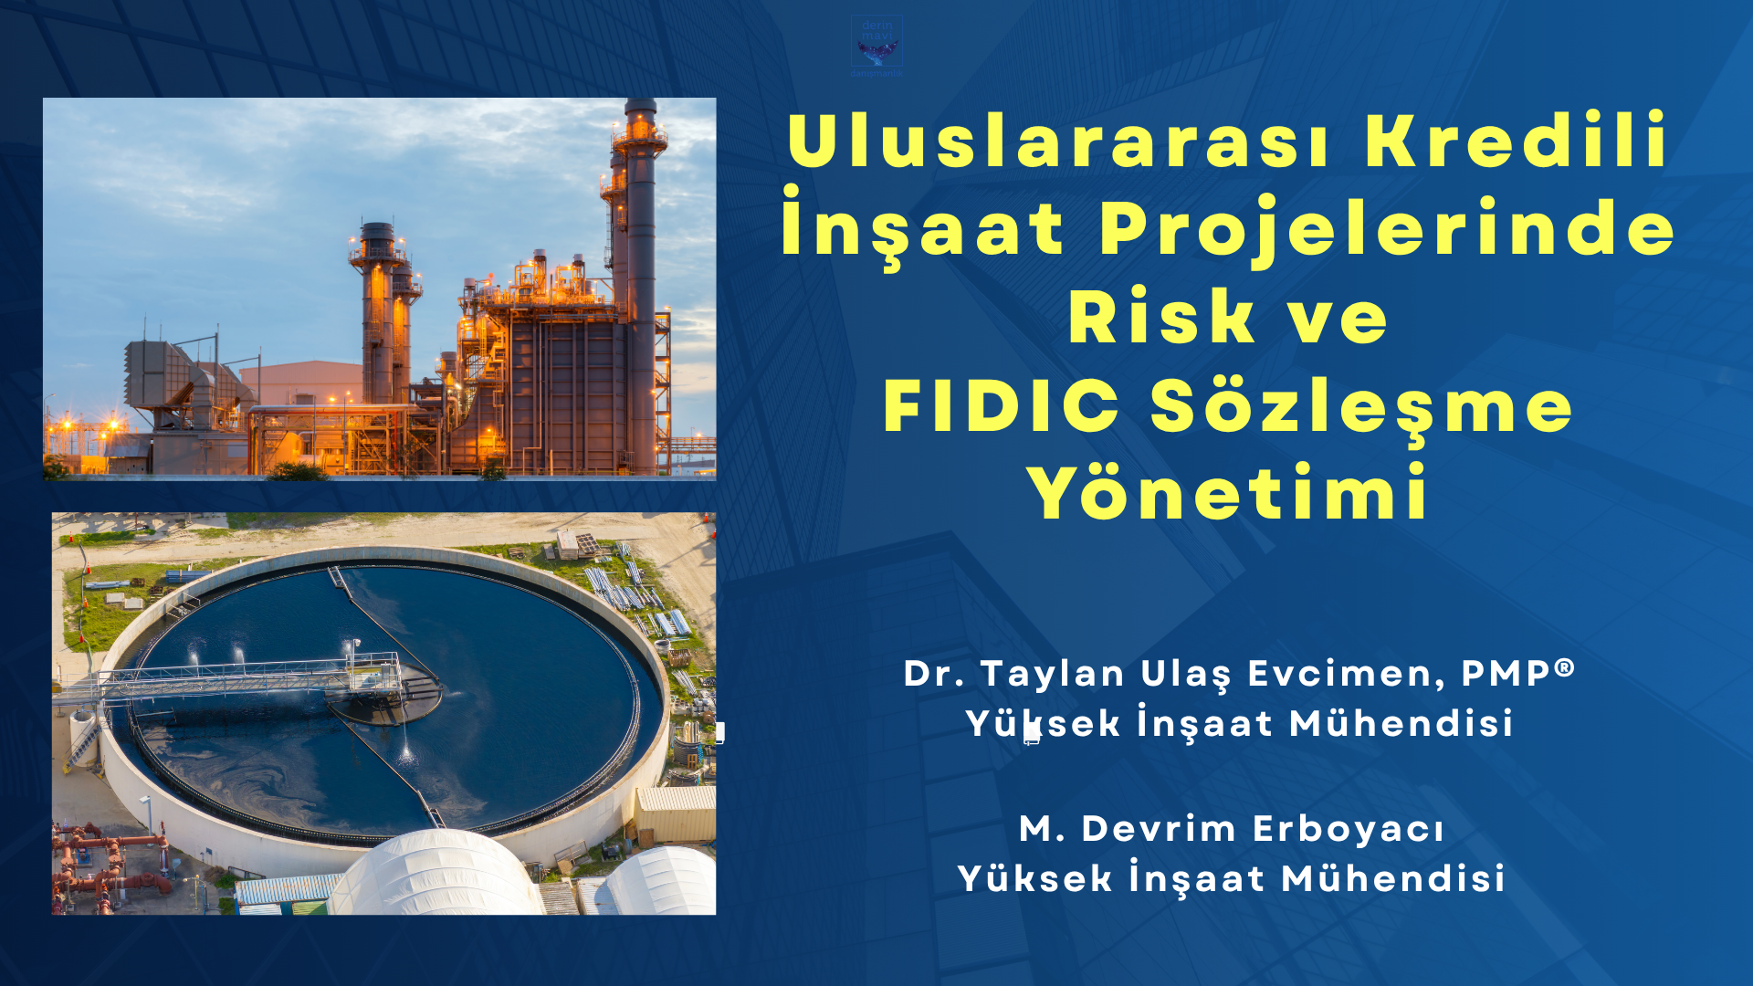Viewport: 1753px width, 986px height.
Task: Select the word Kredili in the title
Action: (x=1516, y=142)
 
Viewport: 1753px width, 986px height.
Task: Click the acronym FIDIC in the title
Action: (x=1001, y=406)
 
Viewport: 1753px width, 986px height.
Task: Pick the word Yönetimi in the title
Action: (x=1228, y=494)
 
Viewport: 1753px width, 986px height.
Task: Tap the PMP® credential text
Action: (x=1517, y=673)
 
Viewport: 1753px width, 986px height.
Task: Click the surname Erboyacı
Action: (x=1349, y=830)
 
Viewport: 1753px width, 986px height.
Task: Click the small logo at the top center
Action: (x=876, y=46)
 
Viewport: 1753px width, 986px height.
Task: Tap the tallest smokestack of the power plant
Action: (x=641, y=274)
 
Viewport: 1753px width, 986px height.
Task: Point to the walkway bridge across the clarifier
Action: (x=247, y=676)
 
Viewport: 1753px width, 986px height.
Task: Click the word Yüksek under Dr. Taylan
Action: (x=1042, y=724)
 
